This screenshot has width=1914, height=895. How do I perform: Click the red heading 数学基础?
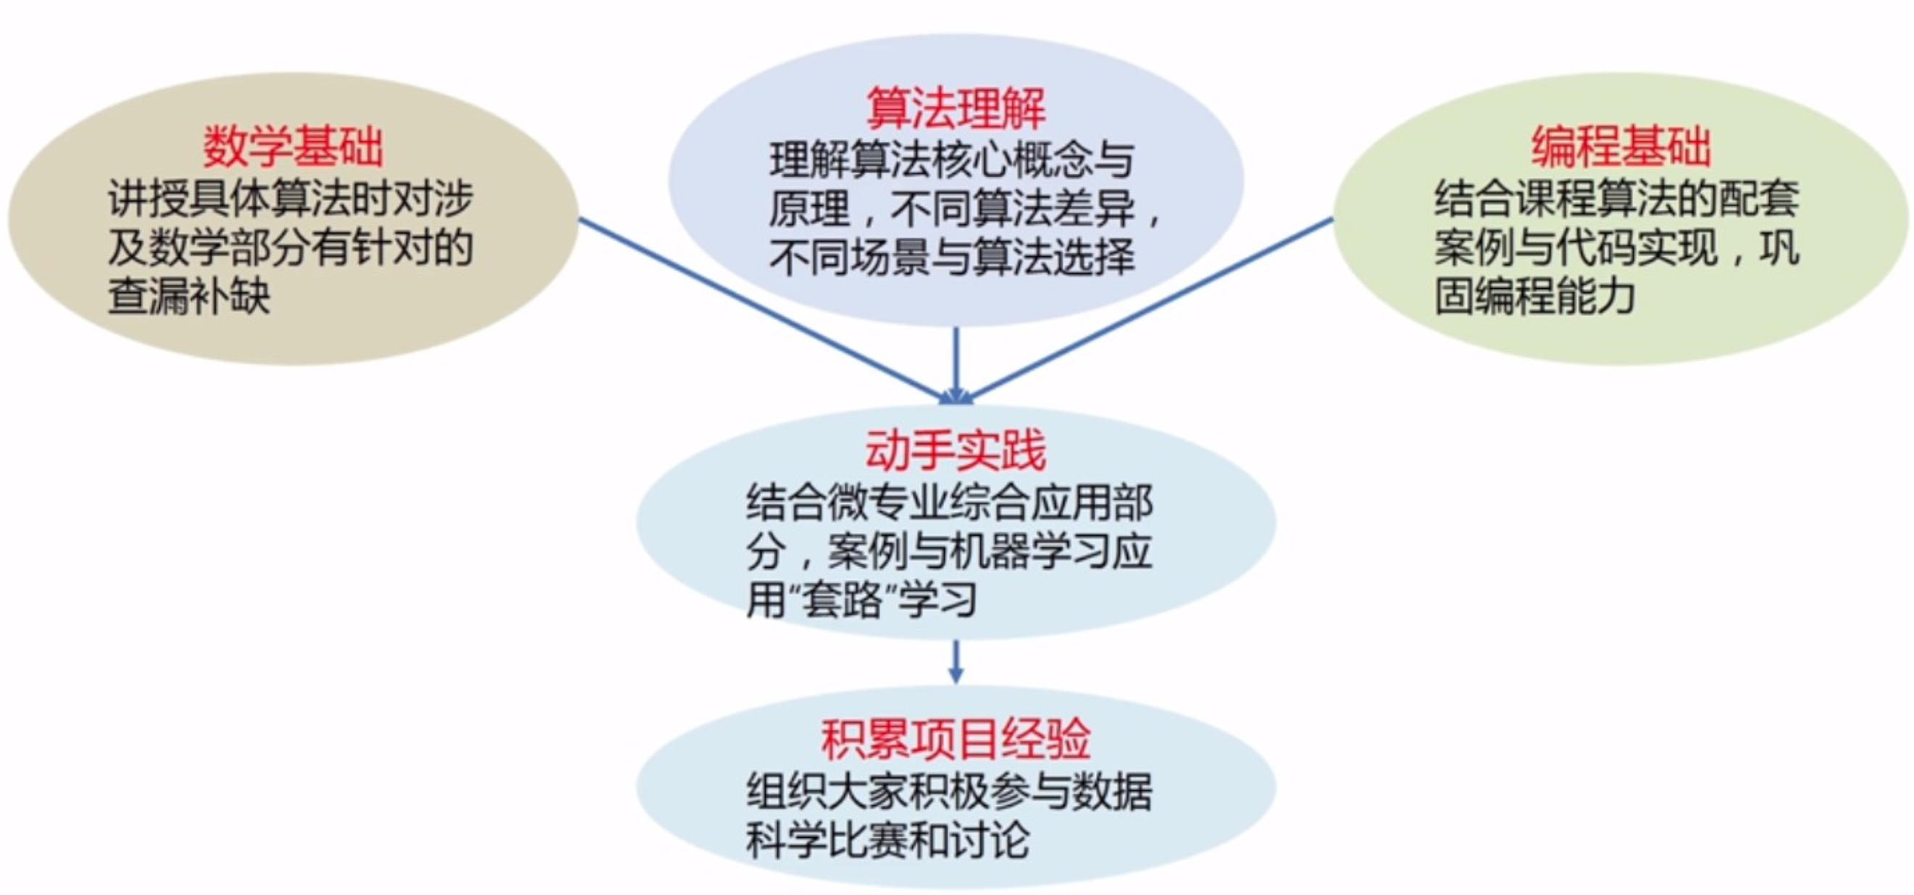click(x=293, y=147)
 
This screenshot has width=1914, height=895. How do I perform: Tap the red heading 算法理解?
click(x=956, y=109)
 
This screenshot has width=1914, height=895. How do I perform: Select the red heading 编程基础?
click(x=1621, y=147)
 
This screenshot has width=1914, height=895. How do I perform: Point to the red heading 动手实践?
click(x=956, y=450)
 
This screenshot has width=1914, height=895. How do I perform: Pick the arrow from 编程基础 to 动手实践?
click(x=1152, y=308)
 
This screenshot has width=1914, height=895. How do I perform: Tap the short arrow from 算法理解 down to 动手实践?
click(x=956, y=364)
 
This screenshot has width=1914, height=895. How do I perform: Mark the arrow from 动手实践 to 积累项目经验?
click(x=956, y=661)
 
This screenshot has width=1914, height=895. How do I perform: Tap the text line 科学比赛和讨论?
click(x=887, y=841)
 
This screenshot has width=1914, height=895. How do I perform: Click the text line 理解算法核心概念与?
click(x=952, y=161)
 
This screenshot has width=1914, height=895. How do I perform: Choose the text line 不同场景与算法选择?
click(x=952, y=257)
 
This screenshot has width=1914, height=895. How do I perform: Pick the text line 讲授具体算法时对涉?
click(x=291, y=199)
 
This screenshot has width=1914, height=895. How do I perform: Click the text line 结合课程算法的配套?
click(x=1617, y=199)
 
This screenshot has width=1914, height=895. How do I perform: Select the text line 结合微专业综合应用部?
click(x=950, y=502)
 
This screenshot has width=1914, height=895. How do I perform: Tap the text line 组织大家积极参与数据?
click(x=950, y=791)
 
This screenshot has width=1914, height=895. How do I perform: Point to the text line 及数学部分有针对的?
click(x=291, y=248)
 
